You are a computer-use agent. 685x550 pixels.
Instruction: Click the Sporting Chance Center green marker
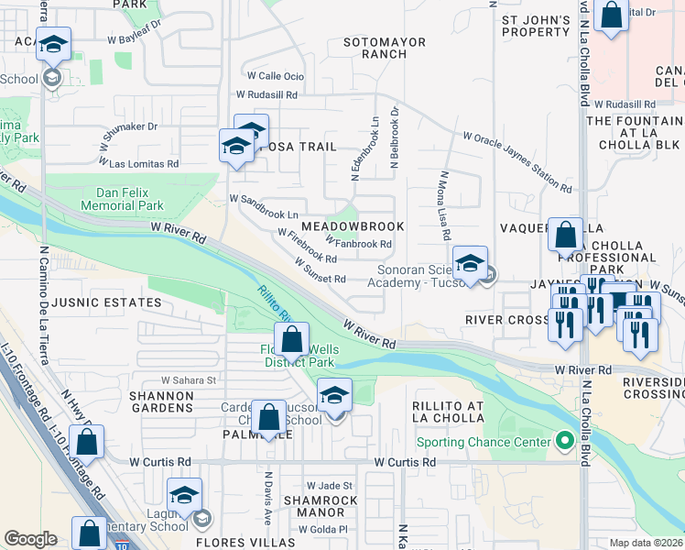coord(565,442)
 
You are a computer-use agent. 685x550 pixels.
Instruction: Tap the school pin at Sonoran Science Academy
coord(470,264)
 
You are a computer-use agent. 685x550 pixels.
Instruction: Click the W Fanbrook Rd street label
coord(358,244)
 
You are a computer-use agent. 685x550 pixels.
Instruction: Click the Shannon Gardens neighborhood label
coord(161,401)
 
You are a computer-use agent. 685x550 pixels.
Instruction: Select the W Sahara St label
coord(188,379)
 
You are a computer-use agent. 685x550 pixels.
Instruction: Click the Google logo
coord(31,539)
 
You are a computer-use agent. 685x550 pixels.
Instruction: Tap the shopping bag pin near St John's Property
coord(610,16)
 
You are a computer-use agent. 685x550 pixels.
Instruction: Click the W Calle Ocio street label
coord(276,76)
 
